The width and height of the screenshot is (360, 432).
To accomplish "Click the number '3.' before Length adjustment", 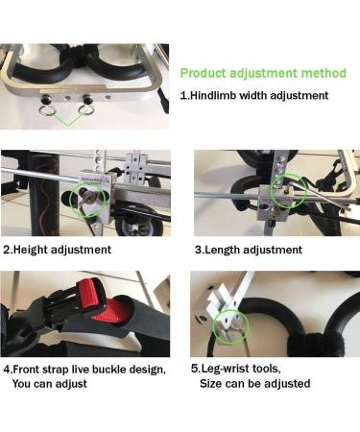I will tap(199, 250).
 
